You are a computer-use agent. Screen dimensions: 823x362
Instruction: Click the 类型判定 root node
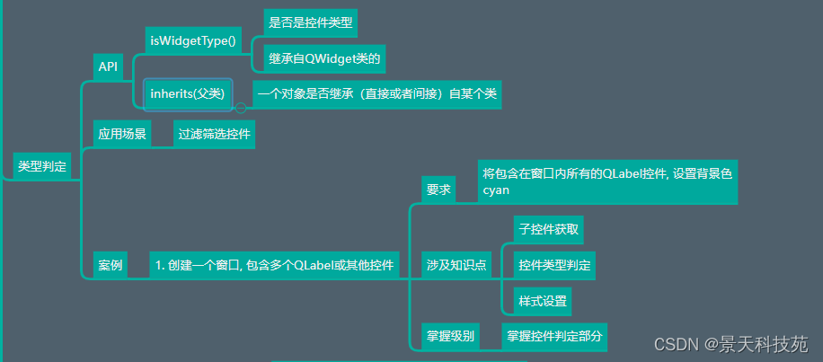42,167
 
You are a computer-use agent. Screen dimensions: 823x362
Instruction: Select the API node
108,67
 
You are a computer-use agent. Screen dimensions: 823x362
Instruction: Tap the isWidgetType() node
193,40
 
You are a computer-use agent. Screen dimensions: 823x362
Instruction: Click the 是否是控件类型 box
311,23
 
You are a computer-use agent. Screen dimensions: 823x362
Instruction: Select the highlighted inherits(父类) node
188,94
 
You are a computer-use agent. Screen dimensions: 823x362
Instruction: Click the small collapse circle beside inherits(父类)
241,108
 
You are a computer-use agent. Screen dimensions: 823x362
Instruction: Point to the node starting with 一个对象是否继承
376,95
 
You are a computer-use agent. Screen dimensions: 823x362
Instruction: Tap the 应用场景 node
122,135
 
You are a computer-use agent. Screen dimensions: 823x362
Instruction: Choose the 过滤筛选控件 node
214,135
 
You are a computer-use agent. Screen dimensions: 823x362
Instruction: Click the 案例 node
111,265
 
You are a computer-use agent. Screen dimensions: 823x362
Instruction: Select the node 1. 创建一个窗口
275,265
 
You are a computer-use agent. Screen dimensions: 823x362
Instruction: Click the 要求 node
438,189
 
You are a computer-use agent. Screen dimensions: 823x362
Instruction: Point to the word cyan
496,190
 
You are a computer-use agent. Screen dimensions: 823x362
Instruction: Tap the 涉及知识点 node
456,265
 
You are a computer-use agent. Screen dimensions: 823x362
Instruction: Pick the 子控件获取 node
548,229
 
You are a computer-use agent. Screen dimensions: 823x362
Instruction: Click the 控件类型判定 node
554,265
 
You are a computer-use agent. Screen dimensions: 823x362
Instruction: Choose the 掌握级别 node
450,337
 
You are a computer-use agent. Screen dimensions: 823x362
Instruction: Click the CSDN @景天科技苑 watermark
731,345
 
